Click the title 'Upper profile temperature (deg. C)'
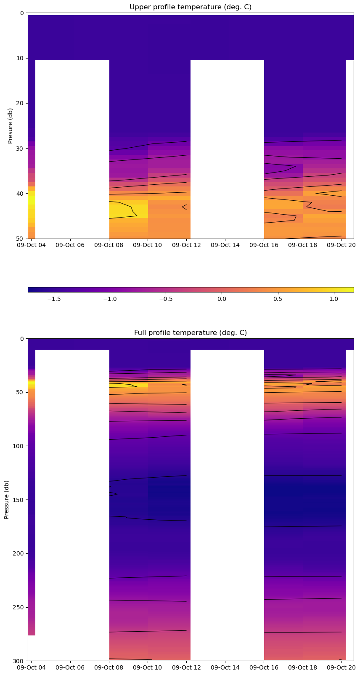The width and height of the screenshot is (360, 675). point(191,7)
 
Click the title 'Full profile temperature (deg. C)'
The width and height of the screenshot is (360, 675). point(191,333)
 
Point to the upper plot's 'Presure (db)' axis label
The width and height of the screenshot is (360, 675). point(11,126)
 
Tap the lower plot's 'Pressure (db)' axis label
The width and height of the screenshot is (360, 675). point(7,500)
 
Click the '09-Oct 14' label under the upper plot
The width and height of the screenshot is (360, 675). point(225,245)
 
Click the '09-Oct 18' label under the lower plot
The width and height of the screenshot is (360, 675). point(302,667)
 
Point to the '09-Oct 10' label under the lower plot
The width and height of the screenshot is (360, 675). point(148,667)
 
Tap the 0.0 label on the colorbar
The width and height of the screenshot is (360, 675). point(222,299)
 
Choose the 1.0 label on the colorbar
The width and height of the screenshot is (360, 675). point(334,299)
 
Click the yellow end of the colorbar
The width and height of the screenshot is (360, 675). point(351,290)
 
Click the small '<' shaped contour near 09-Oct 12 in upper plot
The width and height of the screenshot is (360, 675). point(184,207)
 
